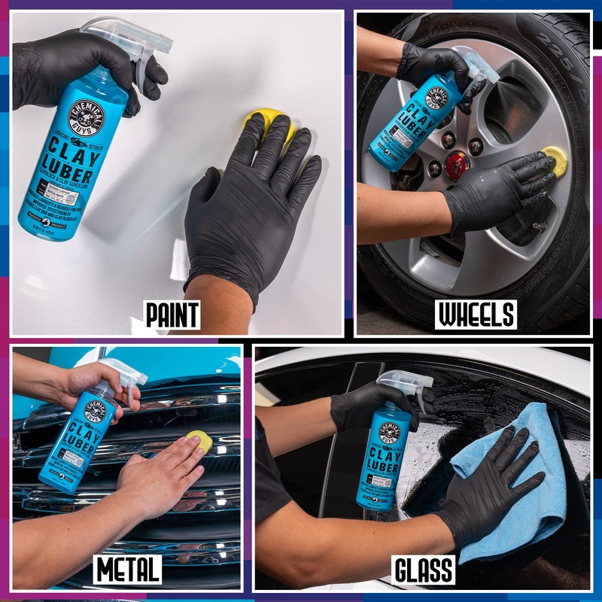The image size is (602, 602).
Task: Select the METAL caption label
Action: click(127, 570)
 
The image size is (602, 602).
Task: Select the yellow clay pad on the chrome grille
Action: click(199, 439)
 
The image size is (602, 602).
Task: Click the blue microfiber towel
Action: click(519, 482)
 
